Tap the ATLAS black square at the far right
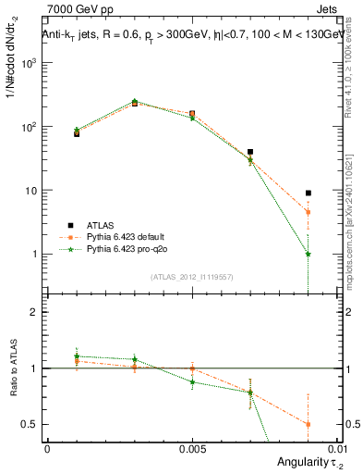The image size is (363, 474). click(308, 193)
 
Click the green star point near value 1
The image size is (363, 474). click(308, 254)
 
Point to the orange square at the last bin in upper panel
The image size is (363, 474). click(308, 212)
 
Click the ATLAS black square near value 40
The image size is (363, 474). click(250, 151)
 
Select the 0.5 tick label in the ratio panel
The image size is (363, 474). click(33, 425)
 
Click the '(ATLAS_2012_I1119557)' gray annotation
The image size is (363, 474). click(191, 277)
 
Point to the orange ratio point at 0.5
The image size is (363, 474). click(308, 424)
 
